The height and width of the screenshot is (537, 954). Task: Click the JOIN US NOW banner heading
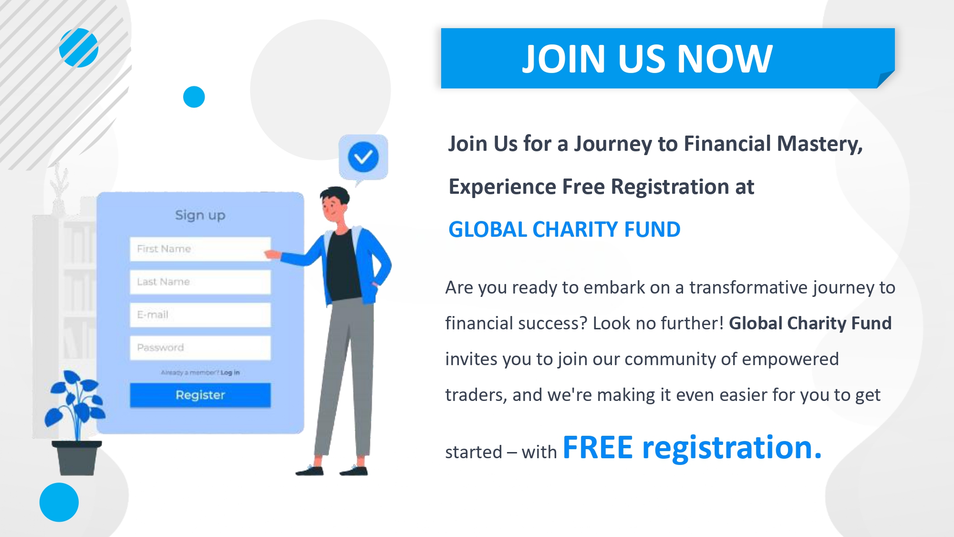pyautogui.click(x=647, y=59)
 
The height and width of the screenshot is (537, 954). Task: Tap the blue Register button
pyautogui.click(x=200, y=395)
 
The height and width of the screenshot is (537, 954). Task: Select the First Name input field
pyautogui.click(x=200, y=249)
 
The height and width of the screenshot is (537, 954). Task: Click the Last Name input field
pyautogui.click(x=200, y=282)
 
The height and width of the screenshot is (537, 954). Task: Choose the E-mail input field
pyautogui.click(x=200, y=315)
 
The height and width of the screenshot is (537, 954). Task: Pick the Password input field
pyautogui.click(x=200, y=347)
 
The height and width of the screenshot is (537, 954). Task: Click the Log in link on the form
pyautogui.click(x=230, y=372)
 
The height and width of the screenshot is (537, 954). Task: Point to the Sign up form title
pyautogui.click(x=200, y=215)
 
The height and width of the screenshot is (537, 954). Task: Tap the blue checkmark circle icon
pyautogui.click(x=363, y=157)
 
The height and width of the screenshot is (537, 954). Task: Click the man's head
pyautogui.click(x=335, y=204)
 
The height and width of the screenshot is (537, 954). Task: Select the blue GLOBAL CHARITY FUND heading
pyautogui.click(x=564, y=230)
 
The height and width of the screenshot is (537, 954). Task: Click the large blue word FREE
pyautogui.click(x=598, y=448)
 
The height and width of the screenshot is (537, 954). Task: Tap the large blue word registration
pyautogui.click(x=732, y=449)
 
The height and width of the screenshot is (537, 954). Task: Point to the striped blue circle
pyautogui.click(x=79, y=48)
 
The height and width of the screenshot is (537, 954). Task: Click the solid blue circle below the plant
pyautogui.click(x=59, y=502)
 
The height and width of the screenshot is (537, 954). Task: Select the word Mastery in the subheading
pyautogui.click(x=820, y=144)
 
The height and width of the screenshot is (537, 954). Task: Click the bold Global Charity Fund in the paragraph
pyautogui.click(x=810, y=323)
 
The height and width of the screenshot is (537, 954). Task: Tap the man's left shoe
pyautogui.click(x=353, y=471)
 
